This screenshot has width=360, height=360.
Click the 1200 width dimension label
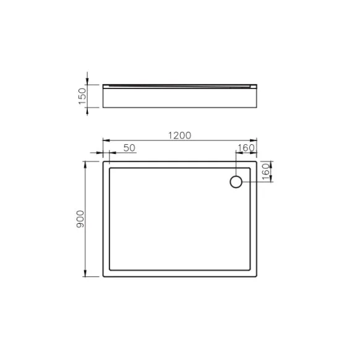pyautogui.click(x=179, y=135)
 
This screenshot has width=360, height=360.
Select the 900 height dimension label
pyautogui.click(x=80, y=219)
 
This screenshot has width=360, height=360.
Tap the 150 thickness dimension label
pyautogui.click(x=82, y=96)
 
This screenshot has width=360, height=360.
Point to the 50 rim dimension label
pyautogui.click(x=129, y=148)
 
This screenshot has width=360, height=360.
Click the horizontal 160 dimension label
pyautogui.click(x=246, y=148)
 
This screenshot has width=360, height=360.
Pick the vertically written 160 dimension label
pyautogui.click(x=265, y=171)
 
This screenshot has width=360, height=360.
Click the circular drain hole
pyautogui.click(x=236, y=182)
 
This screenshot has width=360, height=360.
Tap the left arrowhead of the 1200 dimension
pyautogui.click(x=106, y=140)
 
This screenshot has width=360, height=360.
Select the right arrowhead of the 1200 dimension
pyautogui.click(x=254, y=140)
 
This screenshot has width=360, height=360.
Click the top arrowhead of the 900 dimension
pyautogui.click(x=85, y=165)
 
